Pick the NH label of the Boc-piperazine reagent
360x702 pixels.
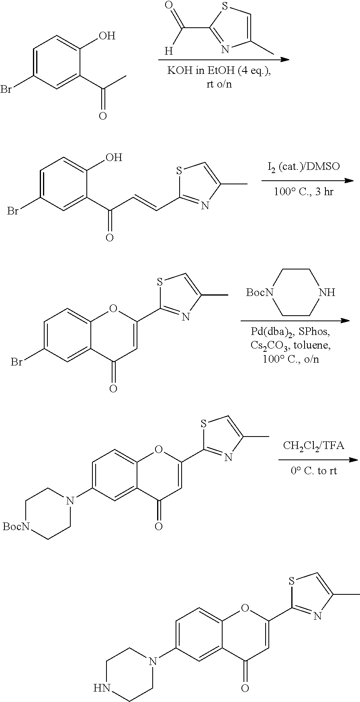[x=326, y=292]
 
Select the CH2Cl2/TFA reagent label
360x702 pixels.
[x=313, y=445]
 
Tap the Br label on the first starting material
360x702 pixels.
[x=6, y=89]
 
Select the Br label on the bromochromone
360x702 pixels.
[x=16, y=362]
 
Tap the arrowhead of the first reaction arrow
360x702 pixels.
[x=284, y=60]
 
